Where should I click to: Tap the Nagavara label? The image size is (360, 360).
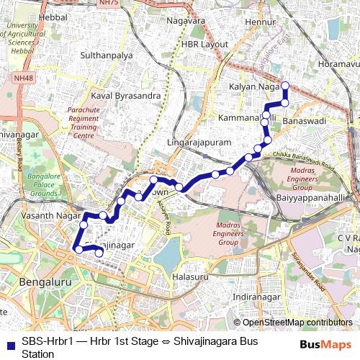(186, 21)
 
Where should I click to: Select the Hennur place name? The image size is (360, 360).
(260, 23)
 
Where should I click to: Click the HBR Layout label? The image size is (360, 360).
(204, 44)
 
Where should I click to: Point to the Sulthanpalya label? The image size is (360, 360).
(107, 55)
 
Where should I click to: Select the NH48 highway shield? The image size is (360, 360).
(23, 78)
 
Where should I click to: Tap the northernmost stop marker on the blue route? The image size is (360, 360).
(284, 86)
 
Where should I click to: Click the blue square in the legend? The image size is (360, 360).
(10, 341)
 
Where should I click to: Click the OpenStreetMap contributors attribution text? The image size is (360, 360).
(292, 323)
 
